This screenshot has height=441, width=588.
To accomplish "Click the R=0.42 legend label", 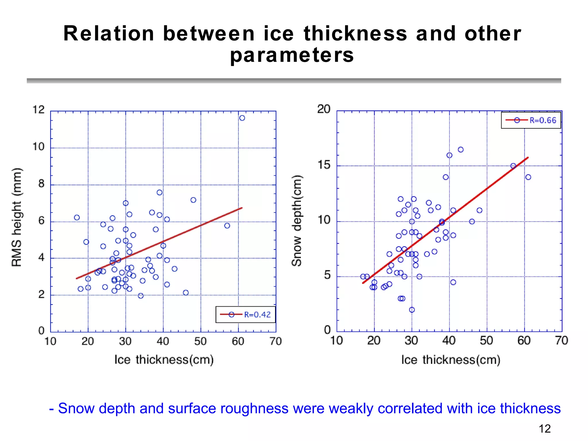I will point(257,315).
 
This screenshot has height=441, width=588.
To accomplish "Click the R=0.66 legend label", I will point(543,120).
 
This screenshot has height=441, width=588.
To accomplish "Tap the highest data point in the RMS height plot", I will point(242,118).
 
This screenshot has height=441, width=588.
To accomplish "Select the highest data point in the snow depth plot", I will point(461,150).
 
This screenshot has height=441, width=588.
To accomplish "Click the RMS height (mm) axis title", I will point(16,217).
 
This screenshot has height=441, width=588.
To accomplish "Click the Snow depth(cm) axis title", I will point(297,220).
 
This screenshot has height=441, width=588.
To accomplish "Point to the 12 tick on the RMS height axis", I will point(38,110).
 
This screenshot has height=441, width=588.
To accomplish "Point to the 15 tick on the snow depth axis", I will point(324,165).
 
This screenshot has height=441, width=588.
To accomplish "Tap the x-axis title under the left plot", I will point(164,359).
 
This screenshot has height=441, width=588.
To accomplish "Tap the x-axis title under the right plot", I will point(451,359).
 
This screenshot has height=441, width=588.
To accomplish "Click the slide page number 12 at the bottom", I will point(544,429).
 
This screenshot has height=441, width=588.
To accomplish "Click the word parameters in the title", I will point(292,55).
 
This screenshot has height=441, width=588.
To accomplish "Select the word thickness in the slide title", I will point(355,33).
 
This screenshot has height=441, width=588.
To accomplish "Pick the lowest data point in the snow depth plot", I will point(412,310).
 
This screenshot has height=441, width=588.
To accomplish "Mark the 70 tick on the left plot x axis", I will point(276,341).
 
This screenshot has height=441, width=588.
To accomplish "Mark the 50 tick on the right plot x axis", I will point(486,341).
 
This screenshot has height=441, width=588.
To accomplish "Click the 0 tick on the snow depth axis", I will point(327,330).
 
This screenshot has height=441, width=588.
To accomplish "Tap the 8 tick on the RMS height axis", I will point(41,184).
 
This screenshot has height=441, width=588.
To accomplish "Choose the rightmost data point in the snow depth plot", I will point(528,177).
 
